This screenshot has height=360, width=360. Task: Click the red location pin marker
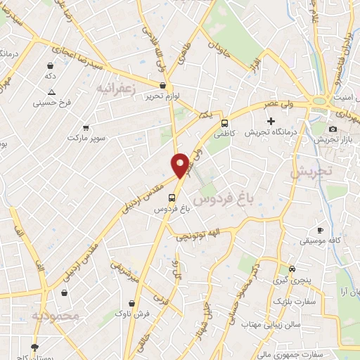tap(180, 165)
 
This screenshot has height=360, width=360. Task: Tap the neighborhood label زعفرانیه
tap(114, 88)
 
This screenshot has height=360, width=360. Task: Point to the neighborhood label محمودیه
tap(56, 316)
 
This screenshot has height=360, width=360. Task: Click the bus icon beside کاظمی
tap(224, 121)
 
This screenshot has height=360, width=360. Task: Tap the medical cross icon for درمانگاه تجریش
tap(271, 121)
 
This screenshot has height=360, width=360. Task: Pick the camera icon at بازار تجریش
tap(333, 128)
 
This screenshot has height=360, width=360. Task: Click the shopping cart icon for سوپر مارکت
tap(85, 128)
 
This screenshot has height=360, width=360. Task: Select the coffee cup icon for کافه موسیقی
tap(321, 230)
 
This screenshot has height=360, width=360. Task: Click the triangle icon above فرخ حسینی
tap(51, 92)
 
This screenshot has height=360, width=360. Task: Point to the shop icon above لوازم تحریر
tap(163, 86)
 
